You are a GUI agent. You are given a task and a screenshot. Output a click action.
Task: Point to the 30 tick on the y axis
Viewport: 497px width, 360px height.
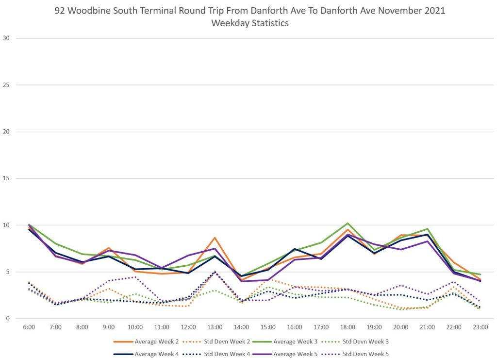point(6,38)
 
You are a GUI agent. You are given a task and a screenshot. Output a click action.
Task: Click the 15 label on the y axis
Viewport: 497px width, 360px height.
point(6,178)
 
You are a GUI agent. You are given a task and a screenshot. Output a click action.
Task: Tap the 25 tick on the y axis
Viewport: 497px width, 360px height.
point(6,85)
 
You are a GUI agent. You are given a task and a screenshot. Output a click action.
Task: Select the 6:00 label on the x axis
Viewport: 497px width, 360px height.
point(29,327)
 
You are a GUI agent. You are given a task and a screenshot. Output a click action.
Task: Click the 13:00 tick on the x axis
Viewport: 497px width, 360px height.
point(215,327)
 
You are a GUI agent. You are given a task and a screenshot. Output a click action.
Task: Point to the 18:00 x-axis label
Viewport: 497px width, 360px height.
point(348,327)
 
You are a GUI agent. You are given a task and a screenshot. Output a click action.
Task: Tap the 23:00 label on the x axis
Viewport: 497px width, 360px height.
point(480,327)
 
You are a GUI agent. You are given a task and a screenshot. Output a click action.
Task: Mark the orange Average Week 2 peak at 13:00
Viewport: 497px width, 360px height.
point(215,238)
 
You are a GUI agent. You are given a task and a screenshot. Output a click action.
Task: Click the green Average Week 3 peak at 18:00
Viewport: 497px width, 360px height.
point(348,223)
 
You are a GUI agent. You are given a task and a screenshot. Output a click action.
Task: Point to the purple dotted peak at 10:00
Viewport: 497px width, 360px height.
point(135,277)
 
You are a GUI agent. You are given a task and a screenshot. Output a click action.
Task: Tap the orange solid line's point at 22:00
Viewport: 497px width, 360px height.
point(454,262)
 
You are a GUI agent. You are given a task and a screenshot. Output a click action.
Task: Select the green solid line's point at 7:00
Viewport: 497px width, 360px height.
point(55,244)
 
